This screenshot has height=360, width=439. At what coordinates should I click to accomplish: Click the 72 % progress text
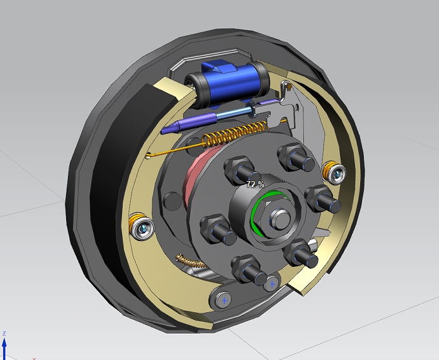(255, 184)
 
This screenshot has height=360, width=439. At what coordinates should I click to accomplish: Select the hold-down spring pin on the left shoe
(142, 226)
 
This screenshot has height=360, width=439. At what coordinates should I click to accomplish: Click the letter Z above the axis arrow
(5, 334)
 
